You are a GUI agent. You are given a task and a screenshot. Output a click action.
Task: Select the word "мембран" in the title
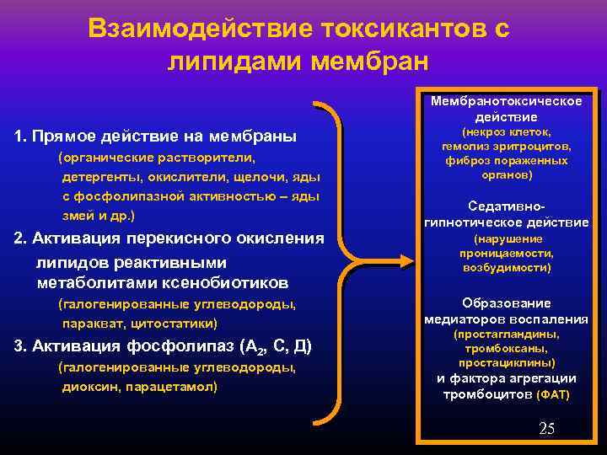pyautogui.click(x=370, y=62)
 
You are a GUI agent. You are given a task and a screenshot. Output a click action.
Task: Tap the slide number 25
pyautogui.click(x=546, y=430)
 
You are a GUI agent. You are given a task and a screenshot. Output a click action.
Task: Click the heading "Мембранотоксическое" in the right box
pyautogui.click(x=506, y=102)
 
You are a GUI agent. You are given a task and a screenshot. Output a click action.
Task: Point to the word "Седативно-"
pyautogui.click(x=507, y=206)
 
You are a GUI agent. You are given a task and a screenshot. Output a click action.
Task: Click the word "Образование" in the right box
pyautogui.click(x=506, y=302)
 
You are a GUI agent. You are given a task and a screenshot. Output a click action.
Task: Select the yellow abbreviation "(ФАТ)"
pyautogui.click(x=553, y=394)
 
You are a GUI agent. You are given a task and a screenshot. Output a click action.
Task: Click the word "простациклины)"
pyautogui.click(x=506, y=362)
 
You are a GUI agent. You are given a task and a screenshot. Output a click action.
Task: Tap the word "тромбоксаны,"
pyautogui.click(x=506, y=348)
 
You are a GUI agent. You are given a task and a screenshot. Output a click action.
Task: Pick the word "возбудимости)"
pyautogui.click(x=506, y=267)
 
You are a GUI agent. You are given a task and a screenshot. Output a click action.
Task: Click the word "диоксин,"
pyautogui.click(x=91, y=387)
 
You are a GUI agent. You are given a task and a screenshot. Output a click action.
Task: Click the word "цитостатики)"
pyautogui.click(x=175, y=323)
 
